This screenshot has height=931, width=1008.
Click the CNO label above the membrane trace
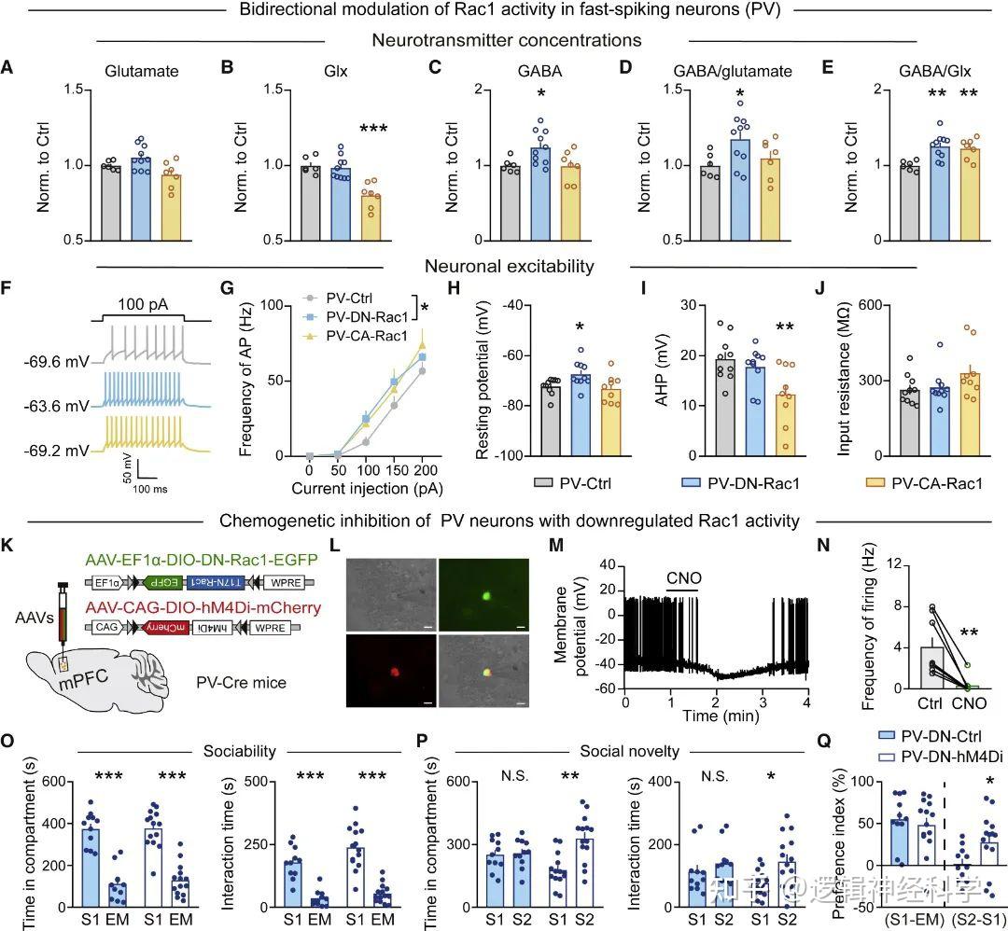click(685, 574)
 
